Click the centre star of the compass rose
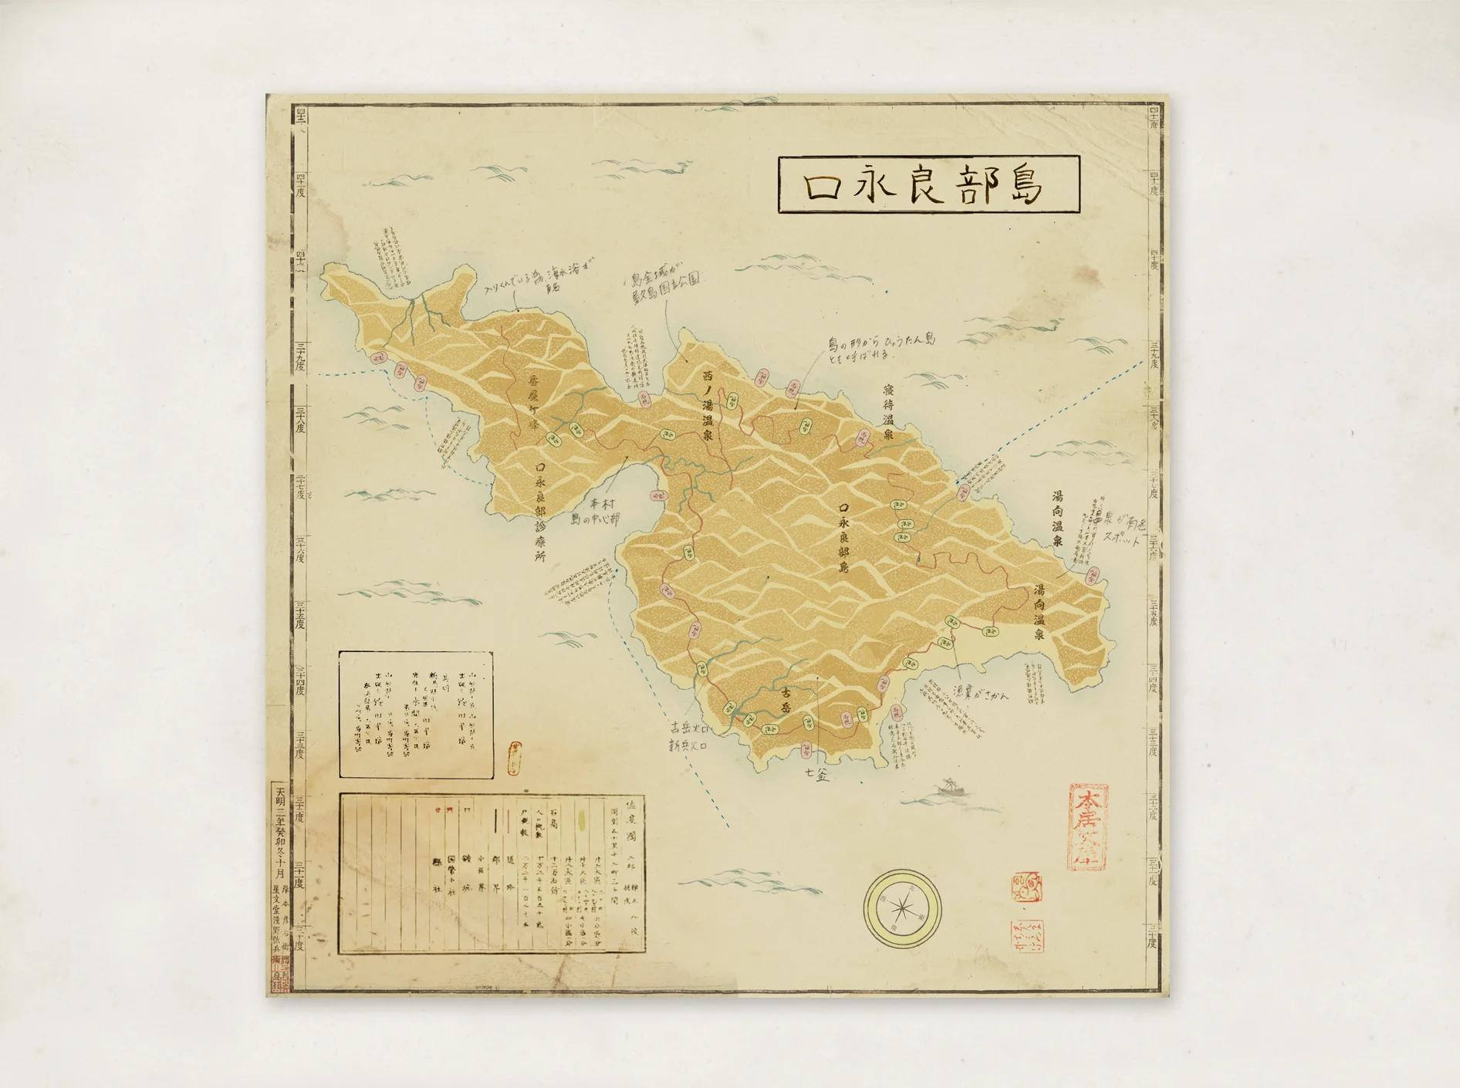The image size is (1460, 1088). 902,908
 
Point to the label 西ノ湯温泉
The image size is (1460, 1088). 708,405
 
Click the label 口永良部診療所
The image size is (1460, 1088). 540,512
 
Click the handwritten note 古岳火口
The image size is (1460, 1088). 689,728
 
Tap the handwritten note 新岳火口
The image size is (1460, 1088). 688,746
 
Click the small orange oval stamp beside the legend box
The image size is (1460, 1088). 514,758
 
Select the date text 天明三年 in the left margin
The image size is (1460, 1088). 280,806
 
